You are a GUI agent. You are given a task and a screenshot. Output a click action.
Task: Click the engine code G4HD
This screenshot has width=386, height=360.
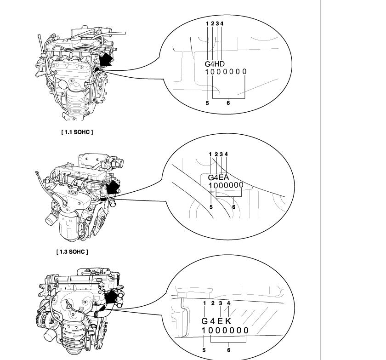pyautogui.click(x=215, y=63)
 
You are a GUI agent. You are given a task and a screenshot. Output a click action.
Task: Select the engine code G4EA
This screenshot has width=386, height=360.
pyautogui.click(x=218, y=177)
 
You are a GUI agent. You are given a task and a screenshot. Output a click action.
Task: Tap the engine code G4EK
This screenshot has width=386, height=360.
pyautogui.click(x=216, y=321)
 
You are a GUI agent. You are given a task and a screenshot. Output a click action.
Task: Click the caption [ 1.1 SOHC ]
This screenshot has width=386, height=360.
pyautogui.click(x=77, y=132)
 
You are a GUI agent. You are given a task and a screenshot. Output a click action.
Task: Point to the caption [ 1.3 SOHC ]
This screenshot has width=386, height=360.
pyautogui.click(x=72, y=251)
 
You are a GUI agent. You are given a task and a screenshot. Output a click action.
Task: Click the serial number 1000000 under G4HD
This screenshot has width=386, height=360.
pyautogui.click(x=226, y=72)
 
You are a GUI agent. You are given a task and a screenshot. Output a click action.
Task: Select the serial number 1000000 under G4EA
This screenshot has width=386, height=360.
pyautogui.click(x=226, y=185)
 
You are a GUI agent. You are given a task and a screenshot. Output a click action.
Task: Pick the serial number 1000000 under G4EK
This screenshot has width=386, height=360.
pyautogui.click(x=225, y=330)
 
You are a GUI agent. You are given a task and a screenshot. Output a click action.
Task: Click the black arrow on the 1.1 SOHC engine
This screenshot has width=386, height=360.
pyautogui.click(x=105, y=59)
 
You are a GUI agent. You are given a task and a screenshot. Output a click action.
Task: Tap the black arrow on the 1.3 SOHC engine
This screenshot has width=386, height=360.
pyautogui.click(x=112, y=188)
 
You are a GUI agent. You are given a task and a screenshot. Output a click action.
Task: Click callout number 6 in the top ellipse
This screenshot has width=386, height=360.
pyautogui.click(x=228, y=103)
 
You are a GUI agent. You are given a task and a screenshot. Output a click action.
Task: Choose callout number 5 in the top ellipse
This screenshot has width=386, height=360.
pyautogui.click(x=207, y=103)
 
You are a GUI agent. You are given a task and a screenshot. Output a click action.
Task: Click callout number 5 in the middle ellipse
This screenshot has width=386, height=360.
pyautogui.click(x=211, y=207)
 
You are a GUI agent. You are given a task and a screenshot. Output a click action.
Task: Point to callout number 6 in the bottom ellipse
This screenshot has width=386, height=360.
pyautogui.click(x=229, y=350)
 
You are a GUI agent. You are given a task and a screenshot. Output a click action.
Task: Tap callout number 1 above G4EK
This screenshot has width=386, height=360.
pyautogui.click(x=204, y=303)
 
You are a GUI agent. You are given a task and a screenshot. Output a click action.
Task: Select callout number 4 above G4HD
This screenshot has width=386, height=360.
pyautogui.click(x=222, y=23)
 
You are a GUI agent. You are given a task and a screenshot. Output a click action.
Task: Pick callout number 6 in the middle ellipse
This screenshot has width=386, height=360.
pyautogui.click(x=233, y=207)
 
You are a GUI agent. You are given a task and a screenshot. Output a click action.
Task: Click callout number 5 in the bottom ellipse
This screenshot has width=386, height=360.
pyautogui.click(x=204, y=350)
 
